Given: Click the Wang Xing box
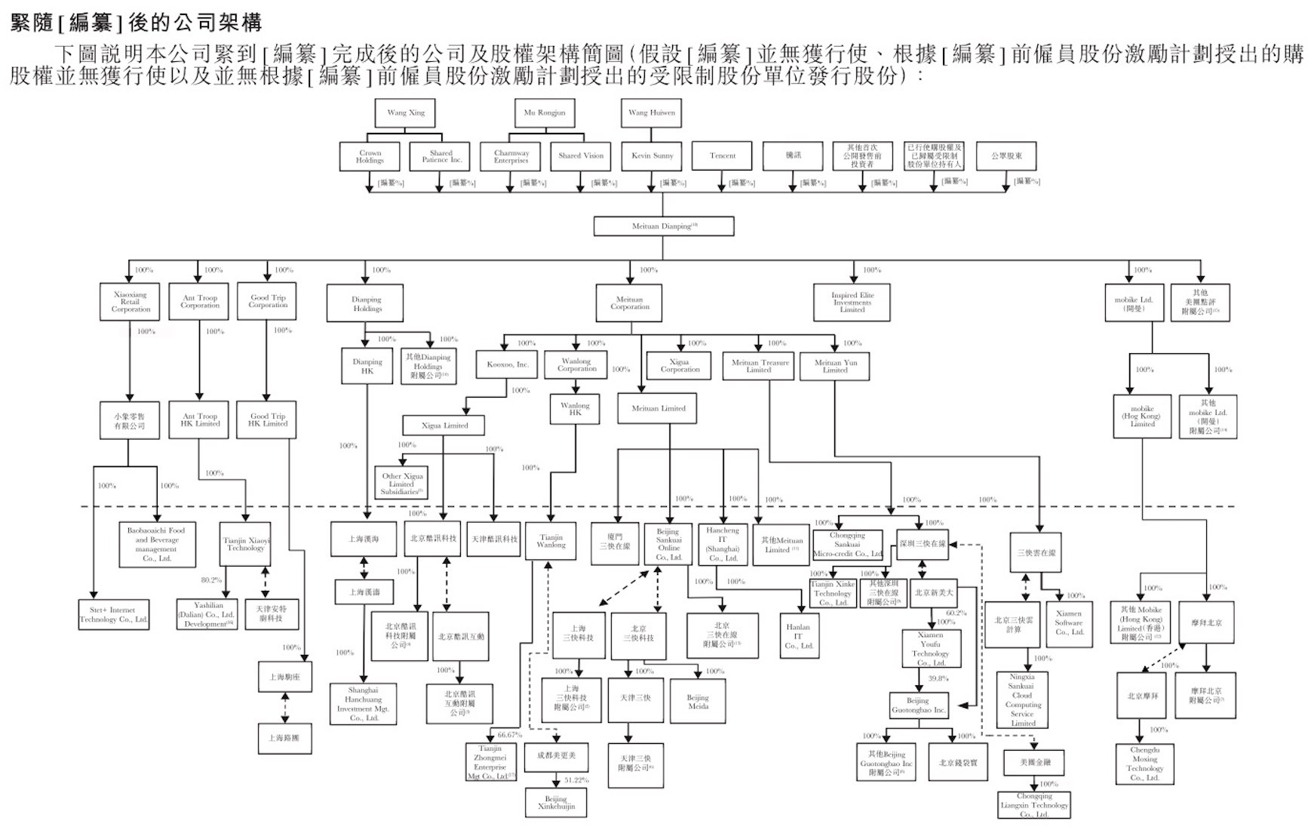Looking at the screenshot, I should [x=406, y=113].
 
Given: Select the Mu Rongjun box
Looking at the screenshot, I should [x=544, y=113].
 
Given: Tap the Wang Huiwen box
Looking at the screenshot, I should [x=652, y=113].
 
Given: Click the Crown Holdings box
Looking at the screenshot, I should [x=370, y=157].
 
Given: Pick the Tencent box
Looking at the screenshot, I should [x=722, y=156].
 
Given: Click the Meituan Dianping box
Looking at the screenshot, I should [x=663, y=226].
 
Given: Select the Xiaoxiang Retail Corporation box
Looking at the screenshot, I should [x=130, y=302].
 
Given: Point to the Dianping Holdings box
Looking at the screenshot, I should [x=367, y=304].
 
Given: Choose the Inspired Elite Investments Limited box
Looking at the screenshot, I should [x=852, y=303].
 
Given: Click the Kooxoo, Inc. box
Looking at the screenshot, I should [x=507, y=364].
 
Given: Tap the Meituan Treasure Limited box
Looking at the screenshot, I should [x=759, y=366].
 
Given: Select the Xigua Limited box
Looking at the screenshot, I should [x=444, y=426].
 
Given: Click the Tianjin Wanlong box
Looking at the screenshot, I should [x=551, y=541].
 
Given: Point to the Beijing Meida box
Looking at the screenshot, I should [x=698, y=702].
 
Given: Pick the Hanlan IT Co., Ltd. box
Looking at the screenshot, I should [x=798, y=636].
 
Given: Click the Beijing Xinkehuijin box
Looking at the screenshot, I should [x=556, y=803].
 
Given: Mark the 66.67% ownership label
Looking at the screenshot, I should [x=509, y=735].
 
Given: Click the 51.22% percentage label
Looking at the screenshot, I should [x=576, y=780].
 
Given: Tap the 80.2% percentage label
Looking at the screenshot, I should [x=211, y=580].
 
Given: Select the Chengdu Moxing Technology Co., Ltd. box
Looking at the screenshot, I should [x=1144, y=764].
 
